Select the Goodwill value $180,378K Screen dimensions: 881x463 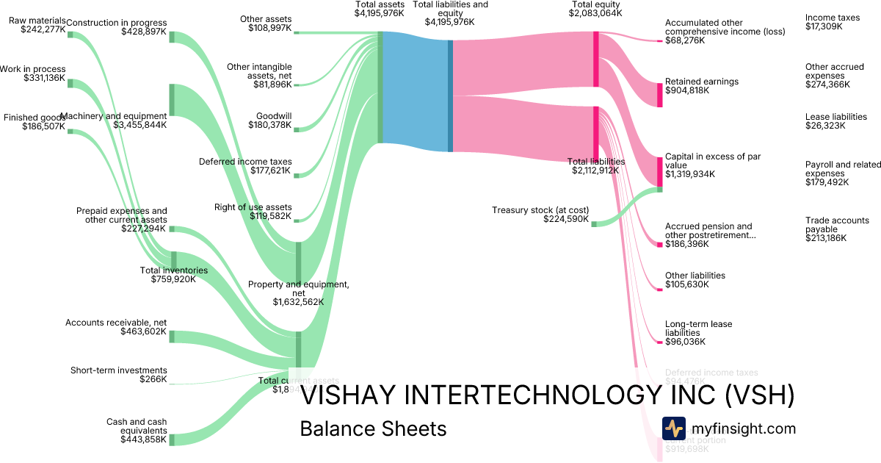coord(273,126)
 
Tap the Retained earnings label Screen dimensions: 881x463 coord(702,82)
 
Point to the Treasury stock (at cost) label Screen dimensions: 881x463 coord(540,209)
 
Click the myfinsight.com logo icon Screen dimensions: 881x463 coord(673,428)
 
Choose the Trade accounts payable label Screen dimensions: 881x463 coord(837,225)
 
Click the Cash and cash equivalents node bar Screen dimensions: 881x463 coord(173,439)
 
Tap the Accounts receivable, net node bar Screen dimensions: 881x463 coord(173,337)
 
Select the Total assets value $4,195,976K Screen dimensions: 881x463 coord(379,13)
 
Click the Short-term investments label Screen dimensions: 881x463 coord(118,370)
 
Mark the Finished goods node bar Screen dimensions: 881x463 coord(70,131)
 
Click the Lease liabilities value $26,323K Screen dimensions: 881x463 coord(825,126)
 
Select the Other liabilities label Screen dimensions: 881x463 coord(695,276)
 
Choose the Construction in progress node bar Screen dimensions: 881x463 coord(173,37)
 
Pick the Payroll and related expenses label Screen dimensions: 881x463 coord(843,169)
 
